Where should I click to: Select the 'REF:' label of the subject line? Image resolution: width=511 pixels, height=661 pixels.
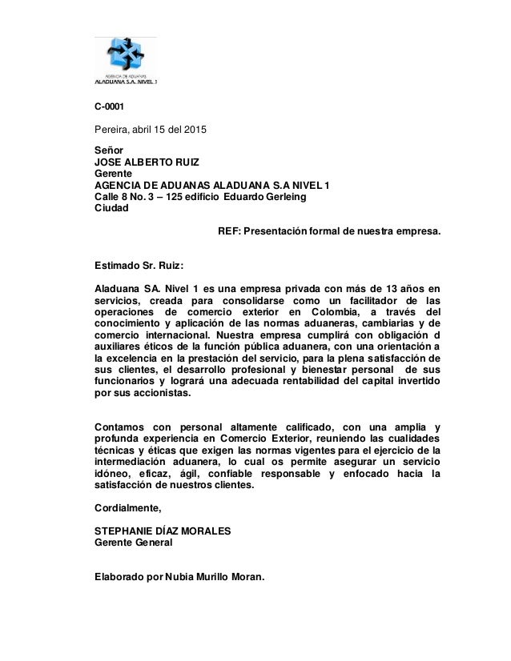pos(231,232)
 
